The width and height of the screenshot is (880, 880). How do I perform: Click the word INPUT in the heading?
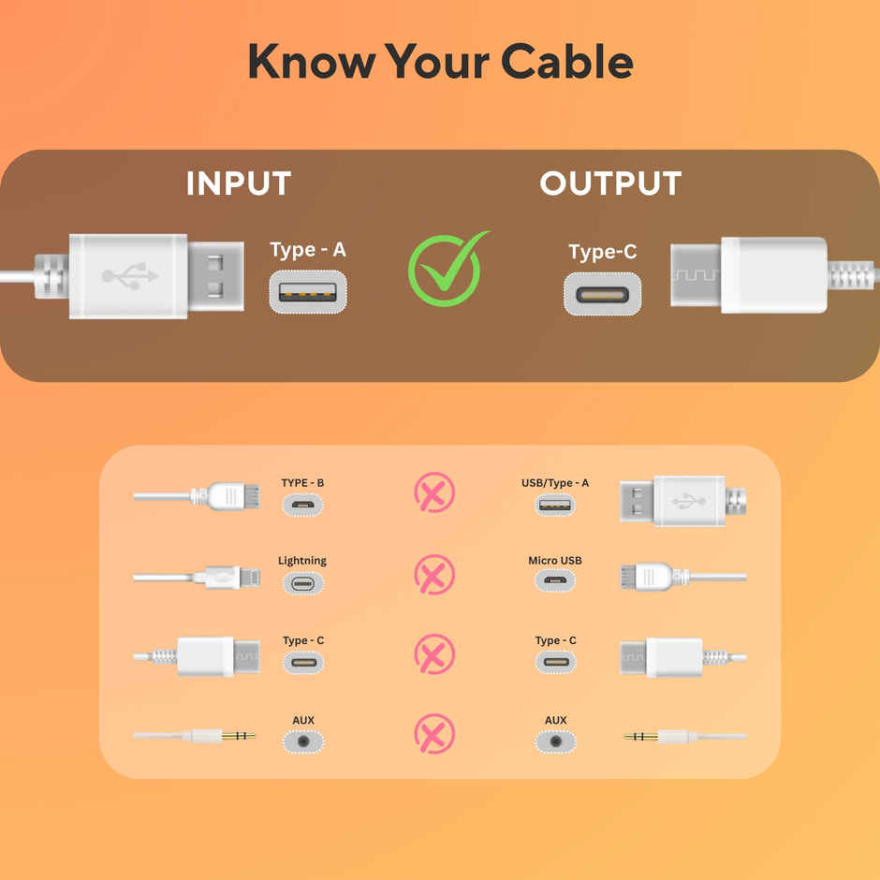238,183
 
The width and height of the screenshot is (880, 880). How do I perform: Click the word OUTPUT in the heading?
610,183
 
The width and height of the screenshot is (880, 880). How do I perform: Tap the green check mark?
446,270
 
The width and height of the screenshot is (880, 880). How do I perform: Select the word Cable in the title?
566,62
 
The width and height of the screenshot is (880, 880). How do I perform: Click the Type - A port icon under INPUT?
308,291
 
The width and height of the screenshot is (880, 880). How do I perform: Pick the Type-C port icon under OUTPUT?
602,294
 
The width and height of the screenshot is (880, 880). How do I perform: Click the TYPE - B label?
302,483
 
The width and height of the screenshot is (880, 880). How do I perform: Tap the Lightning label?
302,561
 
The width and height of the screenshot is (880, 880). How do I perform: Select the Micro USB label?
555,561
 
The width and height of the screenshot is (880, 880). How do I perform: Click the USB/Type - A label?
555,483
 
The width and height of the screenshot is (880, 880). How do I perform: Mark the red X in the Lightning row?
434,574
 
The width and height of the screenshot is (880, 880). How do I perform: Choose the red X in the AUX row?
434,733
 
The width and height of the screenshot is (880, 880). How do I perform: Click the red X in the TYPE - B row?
434,493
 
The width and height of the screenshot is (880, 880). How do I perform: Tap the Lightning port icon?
302,584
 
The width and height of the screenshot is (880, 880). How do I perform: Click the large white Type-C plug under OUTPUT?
749,274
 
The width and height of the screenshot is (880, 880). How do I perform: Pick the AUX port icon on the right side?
556,741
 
